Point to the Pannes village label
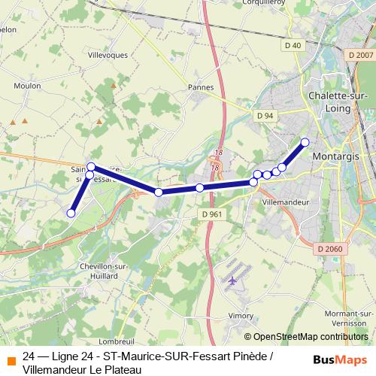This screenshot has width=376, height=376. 201,87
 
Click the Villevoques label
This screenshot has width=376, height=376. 109,56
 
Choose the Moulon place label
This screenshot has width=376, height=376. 27,86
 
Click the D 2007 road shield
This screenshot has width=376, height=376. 361,54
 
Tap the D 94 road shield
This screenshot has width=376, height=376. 264,116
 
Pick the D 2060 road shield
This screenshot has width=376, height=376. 329,249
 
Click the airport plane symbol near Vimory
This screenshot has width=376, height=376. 231,280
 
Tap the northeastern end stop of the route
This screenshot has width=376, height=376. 305,142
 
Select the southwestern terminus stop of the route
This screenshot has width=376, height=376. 71,213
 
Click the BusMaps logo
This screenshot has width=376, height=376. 340,358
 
